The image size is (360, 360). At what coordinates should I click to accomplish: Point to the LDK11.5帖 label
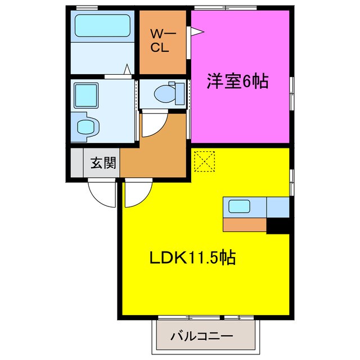(x=192, y=258)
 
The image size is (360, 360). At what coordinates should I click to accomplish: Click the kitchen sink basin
(x=239, y=206)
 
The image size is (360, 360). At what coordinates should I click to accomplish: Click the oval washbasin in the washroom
(x=85, y=127)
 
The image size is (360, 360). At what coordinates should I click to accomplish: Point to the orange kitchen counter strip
(x=245, y=224)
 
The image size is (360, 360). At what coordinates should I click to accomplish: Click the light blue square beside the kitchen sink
(x=278, y=206)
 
